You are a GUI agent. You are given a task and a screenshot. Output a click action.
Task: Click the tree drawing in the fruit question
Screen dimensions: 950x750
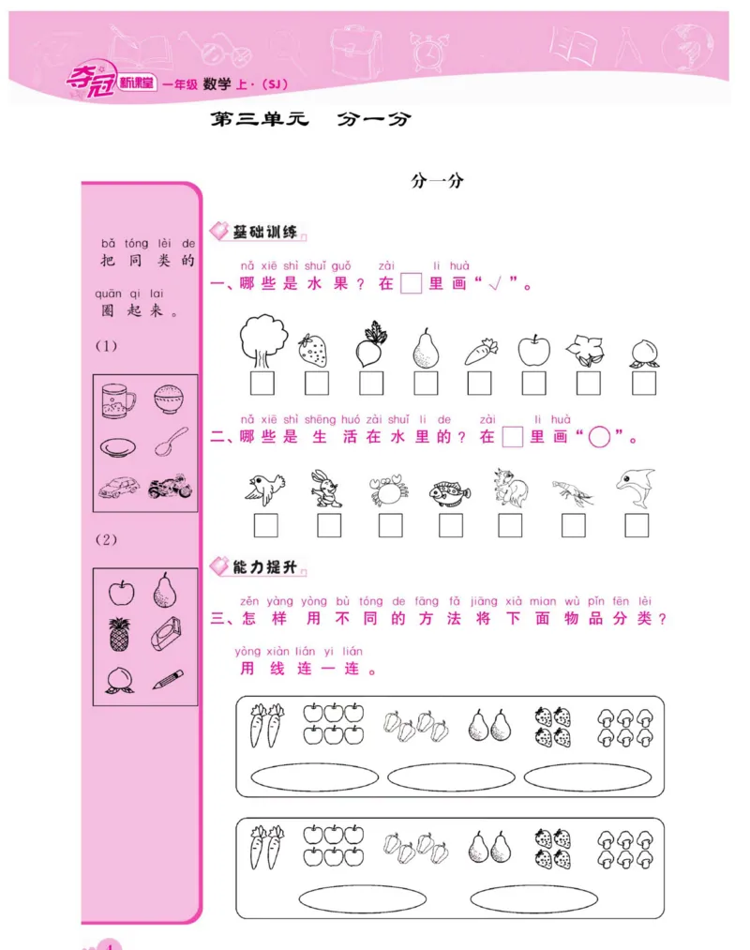click(262, 339)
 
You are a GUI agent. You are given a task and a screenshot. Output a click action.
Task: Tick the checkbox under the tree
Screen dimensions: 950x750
click(262, 383)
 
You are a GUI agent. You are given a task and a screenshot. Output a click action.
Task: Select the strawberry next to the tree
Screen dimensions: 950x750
click(313, 350)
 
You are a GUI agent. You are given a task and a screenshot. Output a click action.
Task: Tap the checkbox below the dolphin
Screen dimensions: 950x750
click(637, 525)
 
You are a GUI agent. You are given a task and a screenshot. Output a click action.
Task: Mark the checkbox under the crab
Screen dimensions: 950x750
click(390, 525)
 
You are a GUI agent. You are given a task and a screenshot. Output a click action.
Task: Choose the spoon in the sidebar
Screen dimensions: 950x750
click(172, 442)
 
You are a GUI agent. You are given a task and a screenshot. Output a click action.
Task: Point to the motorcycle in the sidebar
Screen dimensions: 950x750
click(172, 489)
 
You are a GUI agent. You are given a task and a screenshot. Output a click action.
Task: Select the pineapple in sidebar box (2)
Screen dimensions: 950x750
click(120, 635)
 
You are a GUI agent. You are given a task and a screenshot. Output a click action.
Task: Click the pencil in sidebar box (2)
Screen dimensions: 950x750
click(169, 678)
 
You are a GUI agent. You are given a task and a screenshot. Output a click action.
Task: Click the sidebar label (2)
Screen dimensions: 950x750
click(106, 539)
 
